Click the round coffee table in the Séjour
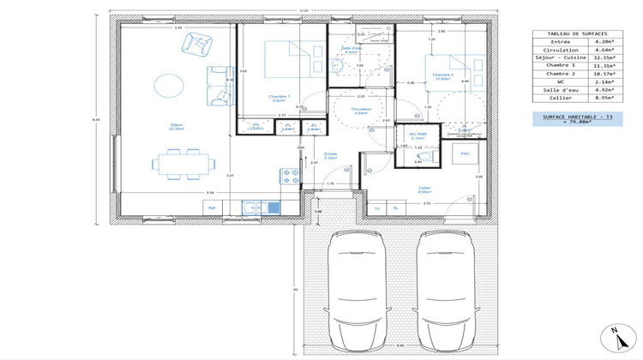[x=168, y=84]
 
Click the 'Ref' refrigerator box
[x=211, y=207]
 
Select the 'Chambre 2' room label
[x=442, y=75]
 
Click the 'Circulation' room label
[x=361, y=109]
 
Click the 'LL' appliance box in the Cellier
[x=377, y=207]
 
